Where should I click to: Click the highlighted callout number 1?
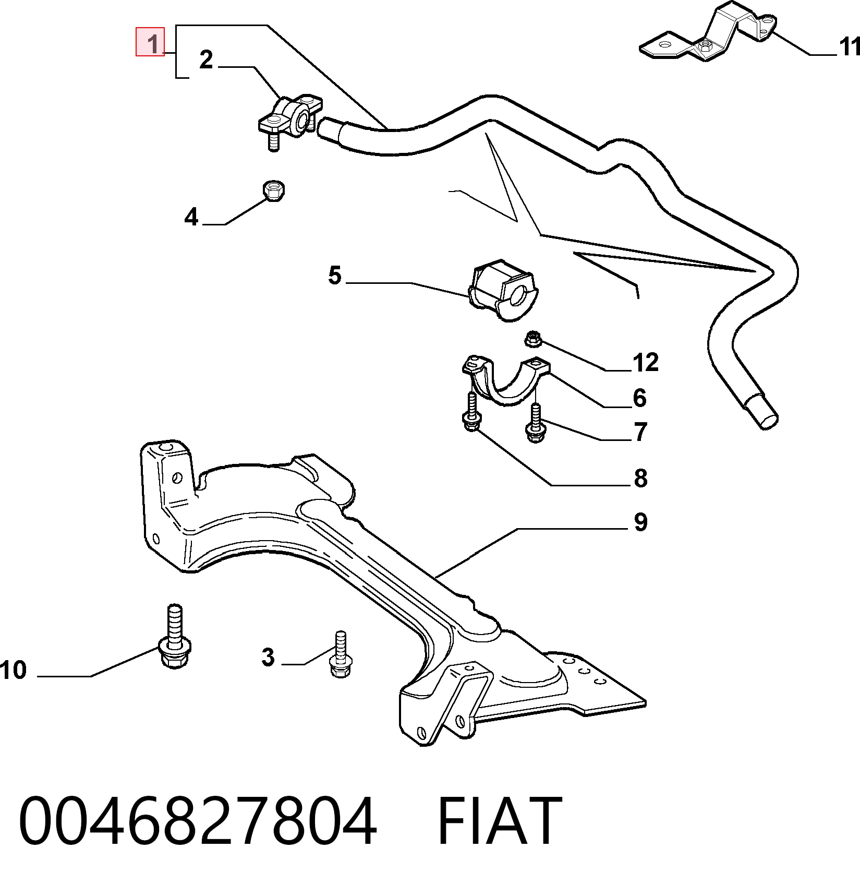point(150,41)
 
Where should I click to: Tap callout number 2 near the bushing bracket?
point(207,60)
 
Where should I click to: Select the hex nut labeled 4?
point(274,190)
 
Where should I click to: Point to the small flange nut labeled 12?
point(532,340)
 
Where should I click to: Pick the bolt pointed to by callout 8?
point(471,412)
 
